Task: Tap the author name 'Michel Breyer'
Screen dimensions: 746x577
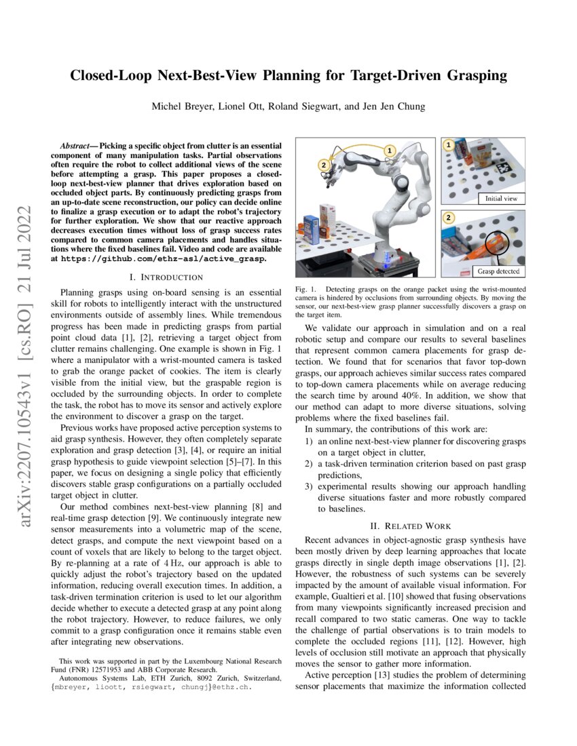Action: [x=179, y=106]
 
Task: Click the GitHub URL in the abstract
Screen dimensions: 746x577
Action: [x=163, y=258]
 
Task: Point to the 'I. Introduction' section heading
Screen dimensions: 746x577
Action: [x=166, y=277]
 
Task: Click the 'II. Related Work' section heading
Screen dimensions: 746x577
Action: [x=411, y=526]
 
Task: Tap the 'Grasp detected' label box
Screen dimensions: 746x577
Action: [x=499, y=271]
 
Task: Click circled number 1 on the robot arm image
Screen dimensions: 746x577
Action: [x=389, y=150]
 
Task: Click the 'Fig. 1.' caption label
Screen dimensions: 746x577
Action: [x=306, y=290]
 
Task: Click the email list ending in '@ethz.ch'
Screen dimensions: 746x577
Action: [x=155, y=686]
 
